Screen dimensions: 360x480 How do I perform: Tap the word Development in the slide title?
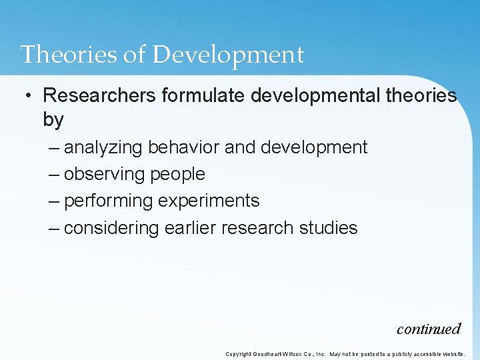[228, 55]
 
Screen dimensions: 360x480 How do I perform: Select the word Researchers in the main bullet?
[99, 95]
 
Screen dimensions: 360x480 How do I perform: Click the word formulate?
[204, 95]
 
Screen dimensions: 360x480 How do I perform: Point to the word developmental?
[315, 95]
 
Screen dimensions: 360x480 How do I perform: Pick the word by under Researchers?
[53, 120]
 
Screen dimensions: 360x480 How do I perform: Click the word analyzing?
[103, 147]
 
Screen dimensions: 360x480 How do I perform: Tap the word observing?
[105, 174]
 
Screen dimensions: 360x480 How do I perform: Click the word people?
[178, 175]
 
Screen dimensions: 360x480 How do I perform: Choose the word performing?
[108, 201]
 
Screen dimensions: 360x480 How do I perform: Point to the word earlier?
[187, 228]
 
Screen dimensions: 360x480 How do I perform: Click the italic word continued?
[428, 329]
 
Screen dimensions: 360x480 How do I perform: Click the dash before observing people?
[55, 175]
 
